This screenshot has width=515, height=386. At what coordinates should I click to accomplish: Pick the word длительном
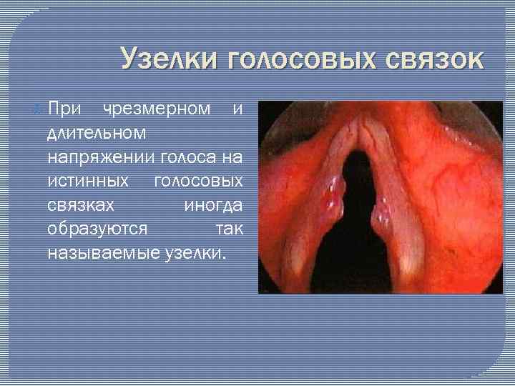click(x=97, y=133)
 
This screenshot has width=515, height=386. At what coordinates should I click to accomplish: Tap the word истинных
click(x=88, y=180)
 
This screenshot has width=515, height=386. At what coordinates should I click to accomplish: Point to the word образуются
click(x=97, y=228)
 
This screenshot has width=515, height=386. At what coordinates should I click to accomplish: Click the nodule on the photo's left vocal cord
click(x=333, y=192)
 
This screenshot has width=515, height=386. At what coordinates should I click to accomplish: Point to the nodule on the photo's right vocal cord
click(x=381, y=212)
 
